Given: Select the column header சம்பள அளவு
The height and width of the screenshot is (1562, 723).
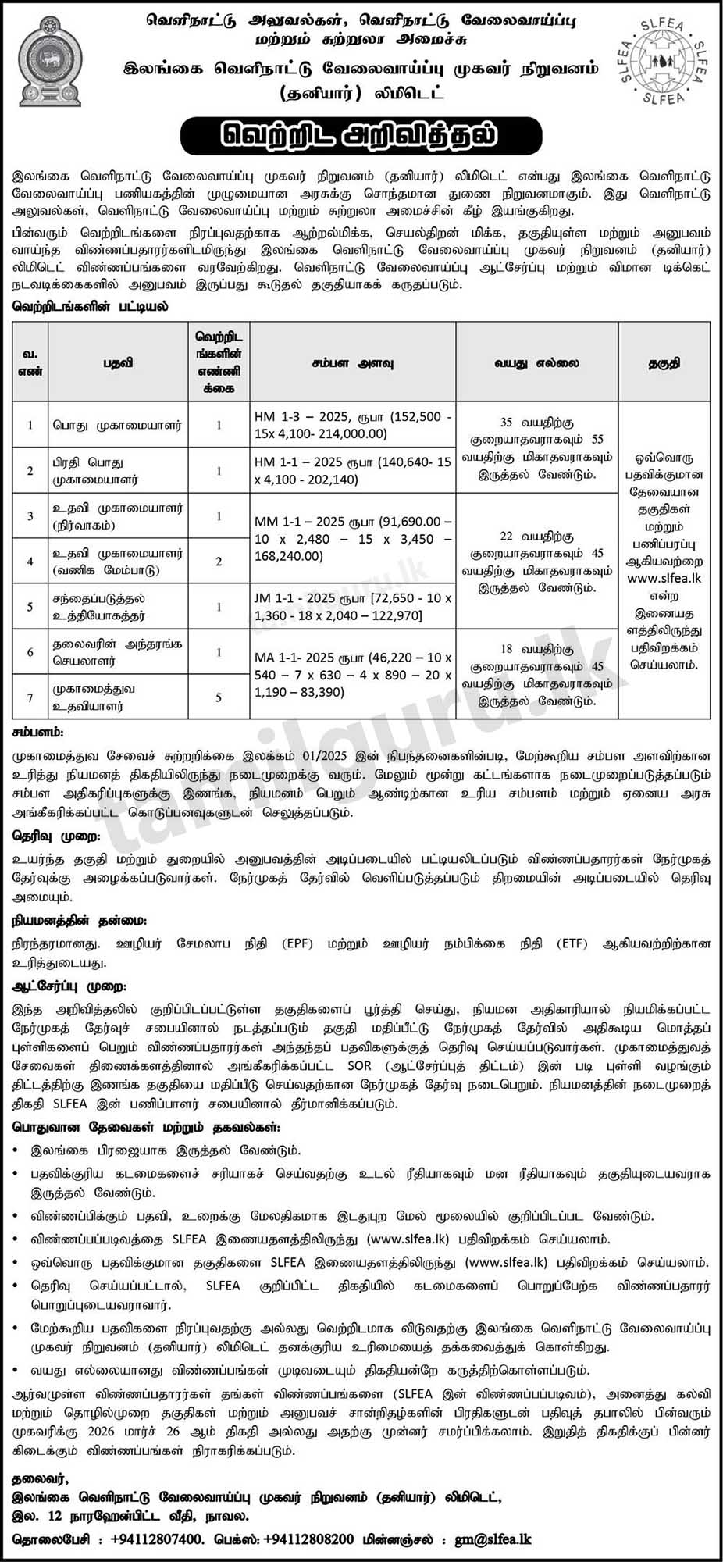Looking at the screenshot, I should (353, 363).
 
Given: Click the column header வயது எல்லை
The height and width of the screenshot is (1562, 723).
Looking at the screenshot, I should (536, 363).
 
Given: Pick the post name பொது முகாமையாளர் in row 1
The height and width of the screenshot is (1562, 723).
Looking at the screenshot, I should (117, 426).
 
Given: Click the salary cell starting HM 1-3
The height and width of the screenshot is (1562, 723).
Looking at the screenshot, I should (352, 425).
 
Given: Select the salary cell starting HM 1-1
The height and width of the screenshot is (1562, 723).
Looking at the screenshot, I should (352, 470).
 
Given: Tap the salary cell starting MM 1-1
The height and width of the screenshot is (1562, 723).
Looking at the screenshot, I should (352, 538).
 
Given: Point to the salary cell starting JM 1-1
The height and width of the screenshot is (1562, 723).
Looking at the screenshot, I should (352, 606).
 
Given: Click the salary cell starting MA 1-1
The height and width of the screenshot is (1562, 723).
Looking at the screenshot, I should (352, 674).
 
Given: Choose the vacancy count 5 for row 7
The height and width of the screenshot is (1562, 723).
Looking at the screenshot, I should (219, 697).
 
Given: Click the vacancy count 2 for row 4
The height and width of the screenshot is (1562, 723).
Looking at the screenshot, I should (219, 562).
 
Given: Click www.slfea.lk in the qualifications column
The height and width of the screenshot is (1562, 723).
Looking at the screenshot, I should (664, 578).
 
